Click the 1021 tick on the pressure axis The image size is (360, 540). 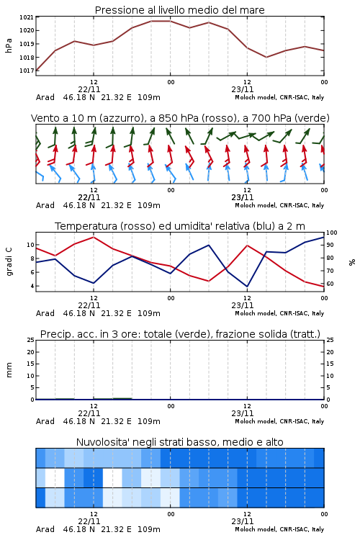(26, 17)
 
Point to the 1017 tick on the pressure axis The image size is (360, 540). (26, 71)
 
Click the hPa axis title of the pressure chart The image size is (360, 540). (9, 45)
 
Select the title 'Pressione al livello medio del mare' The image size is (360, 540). (180, 10)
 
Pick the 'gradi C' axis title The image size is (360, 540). (9, 262)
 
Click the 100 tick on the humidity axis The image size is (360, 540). (332, 233)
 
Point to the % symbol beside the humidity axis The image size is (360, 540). (352, 262)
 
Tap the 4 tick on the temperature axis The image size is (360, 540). (32, 286)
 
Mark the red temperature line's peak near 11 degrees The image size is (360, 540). (94, 237)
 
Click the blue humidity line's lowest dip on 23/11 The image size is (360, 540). (247, 286)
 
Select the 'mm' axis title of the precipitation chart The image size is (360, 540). (9, 370)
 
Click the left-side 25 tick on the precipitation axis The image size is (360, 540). (31, 341)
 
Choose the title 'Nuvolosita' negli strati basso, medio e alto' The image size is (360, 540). (180, 442)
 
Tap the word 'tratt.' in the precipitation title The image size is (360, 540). (309, 334)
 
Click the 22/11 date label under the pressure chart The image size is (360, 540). (89, 89)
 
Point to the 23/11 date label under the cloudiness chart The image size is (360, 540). (243, 521)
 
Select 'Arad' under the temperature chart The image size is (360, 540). (45, 313)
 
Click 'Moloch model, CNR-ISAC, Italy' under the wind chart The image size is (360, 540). (279, 206)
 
